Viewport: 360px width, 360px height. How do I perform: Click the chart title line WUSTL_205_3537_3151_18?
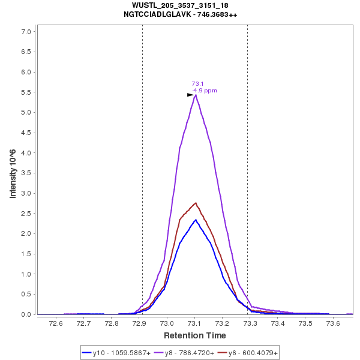tap(179, 5)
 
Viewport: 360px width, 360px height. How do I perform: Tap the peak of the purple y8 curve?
tap(196, 95)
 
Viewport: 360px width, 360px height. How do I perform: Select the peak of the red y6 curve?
tap(196, 203)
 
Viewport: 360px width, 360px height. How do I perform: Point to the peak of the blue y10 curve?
tap(196, 220)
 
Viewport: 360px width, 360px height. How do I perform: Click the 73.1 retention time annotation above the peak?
tap(197, 84)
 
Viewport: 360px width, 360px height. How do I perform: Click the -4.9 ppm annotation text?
tap(204, 91)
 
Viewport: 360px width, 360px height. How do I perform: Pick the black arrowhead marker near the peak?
tap(190, 95)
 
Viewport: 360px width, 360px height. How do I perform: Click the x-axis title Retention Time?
tap(194, 335)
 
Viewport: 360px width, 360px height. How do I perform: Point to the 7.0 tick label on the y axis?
tap(26, 31)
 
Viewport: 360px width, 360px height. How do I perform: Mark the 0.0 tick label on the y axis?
tap(26, 314)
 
